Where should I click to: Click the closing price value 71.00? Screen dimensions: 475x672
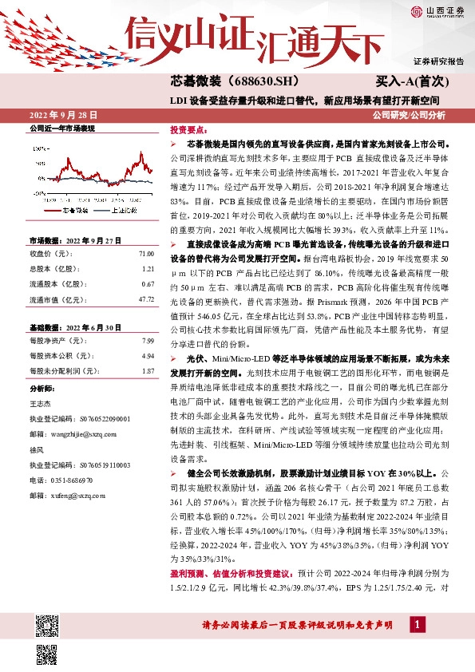[145, 253]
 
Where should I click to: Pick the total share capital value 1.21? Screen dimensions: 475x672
[147, 268]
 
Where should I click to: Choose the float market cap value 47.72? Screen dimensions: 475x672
[145, 299]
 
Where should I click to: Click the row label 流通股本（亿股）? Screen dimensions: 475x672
[57, 284]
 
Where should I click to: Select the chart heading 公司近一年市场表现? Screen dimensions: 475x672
[62, 128]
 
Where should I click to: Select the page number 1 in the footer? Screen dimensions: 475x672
[417, 624]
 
